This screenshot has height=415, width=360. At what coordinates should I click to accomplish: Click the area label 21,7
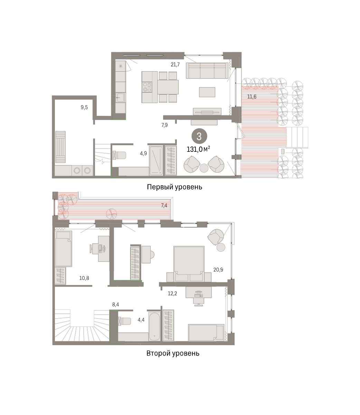click(x=175, y=65)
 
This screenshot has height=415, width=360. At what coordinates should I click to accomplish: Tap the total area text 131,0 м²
click(x=198, y=149)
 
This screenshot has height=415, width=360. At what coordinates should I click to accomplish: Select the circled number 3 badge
click(x=199, y=136)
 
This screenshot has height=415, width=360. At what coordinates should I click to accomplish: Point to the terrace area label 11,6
click(x=252, y=97)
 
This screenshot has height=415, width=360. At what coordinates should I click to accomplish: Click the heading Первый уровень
click(x=174, y=187)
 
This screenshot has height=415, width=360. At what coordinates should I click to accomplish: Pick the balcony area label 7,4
click(x=164, y=205)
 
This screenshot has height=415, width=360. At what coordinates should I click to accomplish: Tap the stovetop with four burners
click(x=147, y=87)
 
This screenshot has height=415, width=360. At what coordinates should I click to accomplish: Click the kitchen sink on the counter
click(x=121, y=98)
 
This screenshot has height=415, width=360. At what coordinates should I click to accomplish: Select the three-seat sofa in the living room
click(x=207, y=71)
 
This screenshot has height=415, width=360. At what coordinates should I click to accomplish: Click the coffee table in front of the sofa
click(x=207, y=92)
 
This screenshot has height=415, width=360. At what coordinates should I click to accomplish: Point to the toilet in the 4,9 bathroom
click(x=119, y=155)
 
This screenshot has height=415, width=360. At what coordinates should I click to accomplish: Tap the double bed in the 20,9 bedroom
click(x=189, y=264)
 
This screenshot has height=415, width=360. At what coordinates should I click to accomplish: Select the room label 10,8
click(x=84, y=278)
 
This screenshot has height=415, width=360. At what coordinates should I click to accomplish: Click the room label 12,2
click(x=172, y=294)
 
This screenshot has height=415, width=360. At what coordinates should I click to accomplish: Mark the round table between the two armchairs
click(x=204, y=168)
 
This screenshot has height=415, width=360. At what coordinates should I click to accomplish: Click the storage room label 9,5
click(x=84, y=107)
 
